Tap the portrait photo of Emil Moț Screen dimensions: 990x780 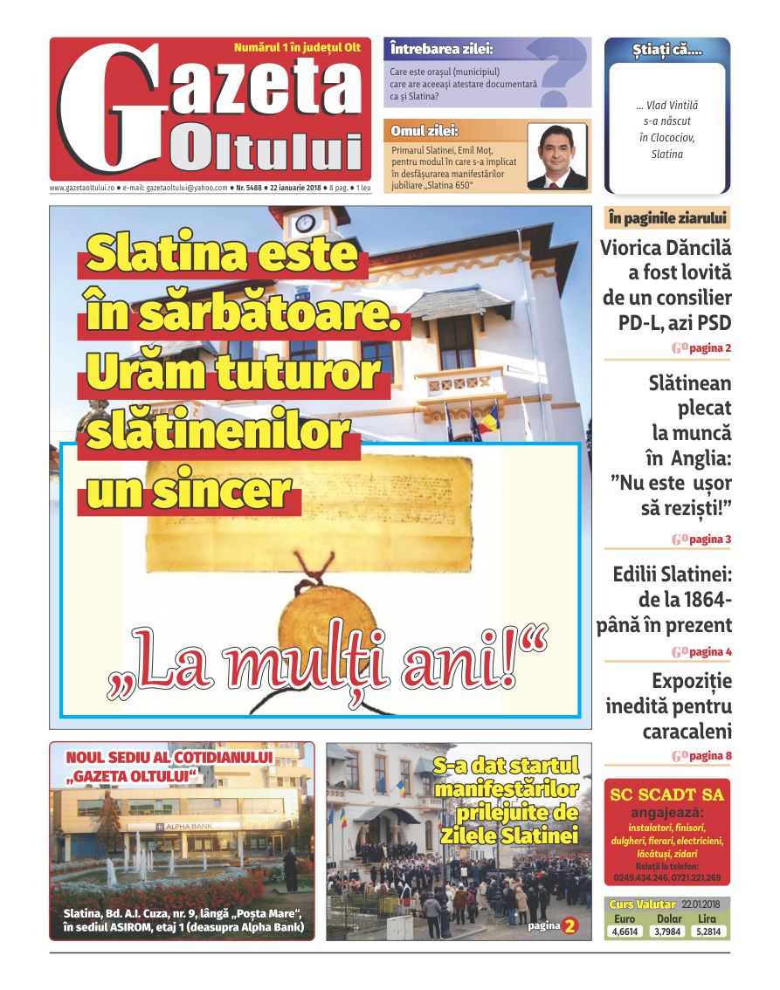(x=557, y=156)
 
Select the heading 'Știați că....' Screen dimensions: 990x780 (x=666, y=52)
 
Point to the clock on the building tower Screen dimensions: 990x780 (x=305, y=223)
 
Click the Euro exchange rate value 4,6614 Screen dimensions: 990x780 (x=625, y=932)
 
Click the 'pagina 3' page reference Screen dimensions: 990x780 (x=709, y=540)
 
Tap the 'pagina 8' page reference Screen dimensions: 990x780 (x=709, y=755)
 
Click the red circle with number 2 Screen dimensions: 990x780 (x=569, y=925)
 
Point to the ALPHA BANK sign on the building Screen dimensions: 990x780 (x=186, y=826)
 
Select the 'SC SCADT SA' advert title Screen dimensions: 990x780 (x=666, y=794)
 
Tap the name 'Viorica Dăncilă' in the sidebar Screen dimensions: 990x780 (x=666, y=247)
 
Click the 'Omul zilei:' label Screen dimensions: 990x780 (x=425, y=131)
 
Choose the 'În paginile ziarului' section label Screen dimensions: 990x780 (x=666, y=218)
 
